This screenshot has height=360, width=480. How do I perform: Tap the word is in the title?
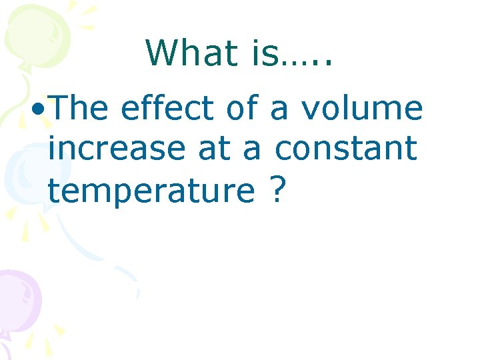point(265,53)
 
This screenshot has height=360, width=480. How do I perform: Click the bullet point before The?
point(38,109)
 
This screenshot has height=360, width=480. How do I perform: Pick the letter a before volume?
point(280,111)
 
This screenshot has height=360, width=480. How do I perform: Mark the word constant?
point(346,149)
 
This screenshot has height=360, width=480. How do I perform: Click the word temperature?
point(151,192)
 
